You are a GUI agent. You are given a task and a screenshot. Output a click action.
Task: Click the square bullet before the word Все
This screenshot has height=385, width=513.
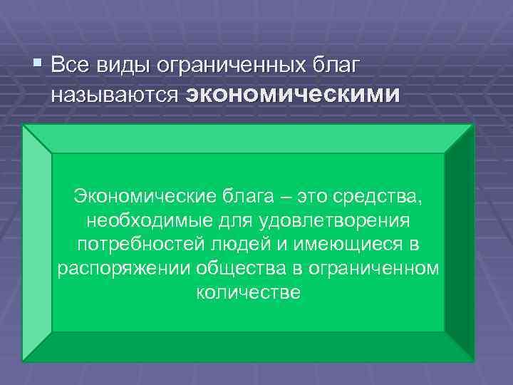(x=38, y=66)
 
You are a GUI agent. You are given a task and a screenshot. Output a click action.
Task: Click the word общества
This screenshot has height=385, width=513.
(x=220, y=269)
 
